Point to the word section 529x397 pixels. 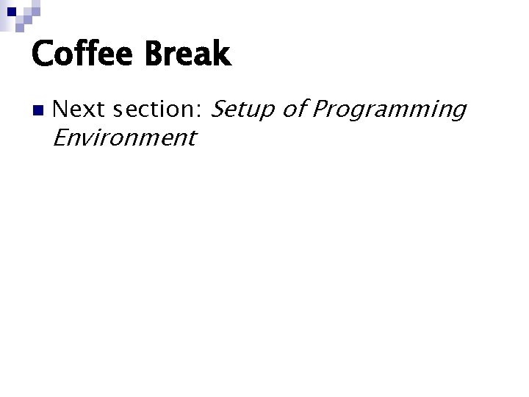point(154,110)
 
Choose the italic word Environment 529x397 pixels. point(125,137)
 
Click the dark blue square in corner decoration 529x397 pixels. point(12,11)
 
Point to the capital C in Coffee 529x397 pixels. point(43,54)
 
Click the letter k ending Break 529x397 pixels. point(222,54)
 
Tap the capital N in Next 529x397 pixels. point(61,110)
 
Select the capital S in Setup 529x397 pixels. point(219,110)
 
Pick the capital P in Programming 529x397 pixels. point(320,110)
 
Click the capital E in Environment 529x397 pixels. point(61,137)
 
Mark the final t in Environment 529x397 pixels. point(191,138)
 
